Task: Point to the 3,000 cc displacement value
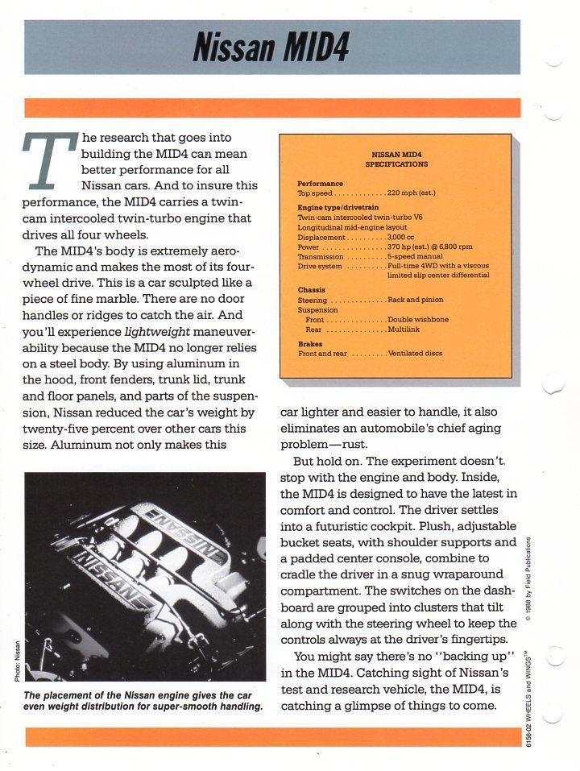[402, 237]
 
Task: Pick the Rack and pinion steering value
[415, 300]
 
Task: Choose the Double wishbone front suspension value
[418, 319]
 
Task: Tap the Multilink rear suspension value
[403, 329]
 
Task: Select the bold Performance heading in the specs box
[320, 184]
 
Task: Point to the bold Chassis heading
[311, 289]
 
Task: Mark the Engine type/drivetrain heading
[335, 208]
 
